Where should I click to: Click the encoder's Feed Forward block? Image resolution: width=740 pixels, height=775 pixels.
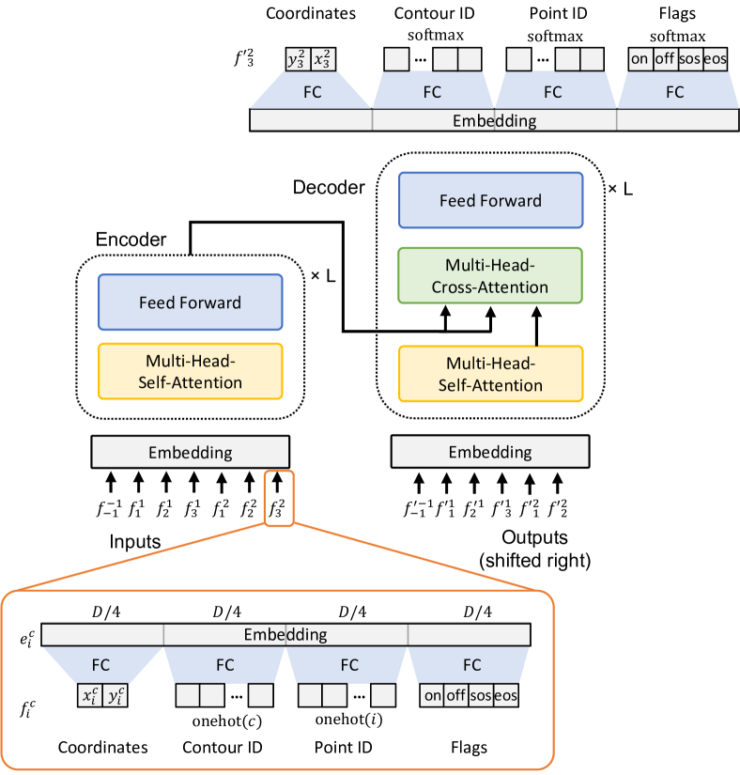[190, 302]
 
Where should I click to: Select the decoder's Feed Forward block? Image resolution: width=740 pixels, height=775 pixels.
[490, 200]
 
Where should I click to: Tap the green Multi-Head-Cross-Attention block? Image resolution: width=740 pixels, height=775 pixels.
[490, 275]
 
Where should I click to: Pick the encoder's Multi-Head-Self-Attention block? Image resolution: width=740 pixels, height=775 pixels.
[190, 371]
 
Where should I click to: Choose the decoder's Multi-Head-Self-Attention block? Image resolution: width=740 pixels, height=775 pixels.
[490, 374]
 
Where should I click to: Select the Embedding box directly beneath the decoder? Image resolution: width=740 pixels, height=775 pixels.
[489, 452]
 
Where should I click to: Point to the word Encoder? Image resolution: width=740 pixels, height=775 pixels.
[131, 240]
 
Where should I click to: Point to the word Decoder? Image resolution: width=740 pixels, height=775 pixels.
[328, 187]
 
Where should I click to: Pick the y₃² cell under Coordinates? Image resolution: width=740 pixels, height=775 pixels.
[297, 59]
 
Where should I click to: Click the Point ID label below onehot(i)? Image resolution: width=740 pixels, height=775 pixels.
[348, 748]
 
